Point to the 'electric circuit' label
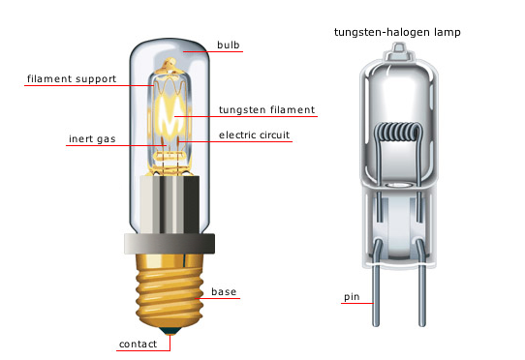point(254,134)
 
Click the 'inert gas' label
point(92,138)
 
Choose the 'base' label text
point(225,291)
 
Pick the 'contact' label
point(137,344)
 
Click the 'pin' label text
point(352,295)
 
